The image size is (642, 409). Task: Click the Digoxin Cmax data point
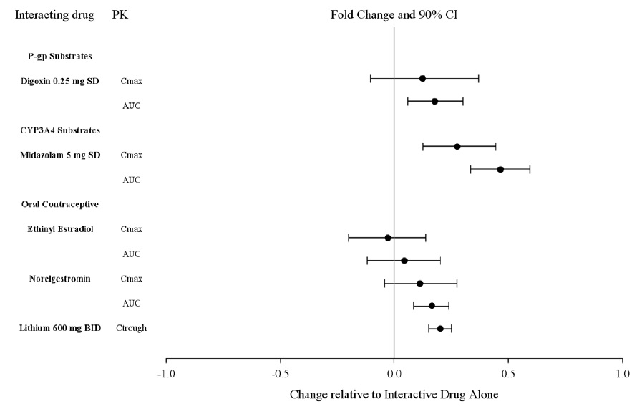[x=422, y=78]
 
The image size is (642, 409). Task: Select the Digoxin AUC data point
[x=434, y=102]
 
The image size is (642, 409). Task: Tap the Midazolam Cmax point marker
[x=457, y=146]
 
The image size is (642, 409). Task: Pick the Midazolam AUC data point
[x=500, y=170]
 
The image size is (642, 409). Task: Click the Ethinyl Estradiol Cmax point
[x=388, y=238]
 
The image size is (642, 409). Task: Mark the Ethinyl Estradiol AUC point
[x=404, y=261]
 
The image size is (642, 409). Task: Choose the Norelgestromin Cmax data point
[x=420, y=284]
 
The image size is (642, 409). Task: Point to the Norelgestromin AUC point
[x=432, y=306]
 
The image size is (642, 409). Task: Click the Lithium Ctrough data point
[x=440, y=329]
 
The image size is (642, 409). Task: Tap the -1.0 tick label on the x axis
[x=165, y=374]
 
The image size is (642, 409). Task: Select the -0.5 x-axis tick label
[x=279, y=374]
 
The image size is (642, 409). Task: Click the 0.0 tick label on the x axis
[x=394, y=374]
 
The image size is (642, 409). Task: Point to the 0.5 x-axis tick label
[x=508, y=374]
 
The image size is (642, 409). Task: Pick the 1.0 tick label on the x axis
[x=622, y=374]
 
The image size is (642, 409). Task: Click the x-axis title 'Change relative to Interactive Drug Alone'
[x=394, y=395]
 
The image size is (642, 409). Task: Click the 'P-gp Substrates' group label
[x=59, y=56]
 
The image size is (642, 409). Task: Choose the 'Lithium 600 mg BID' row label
[x=61, y=328]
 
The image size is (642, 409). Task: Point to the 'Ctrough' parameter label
[x=132, y=328]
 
